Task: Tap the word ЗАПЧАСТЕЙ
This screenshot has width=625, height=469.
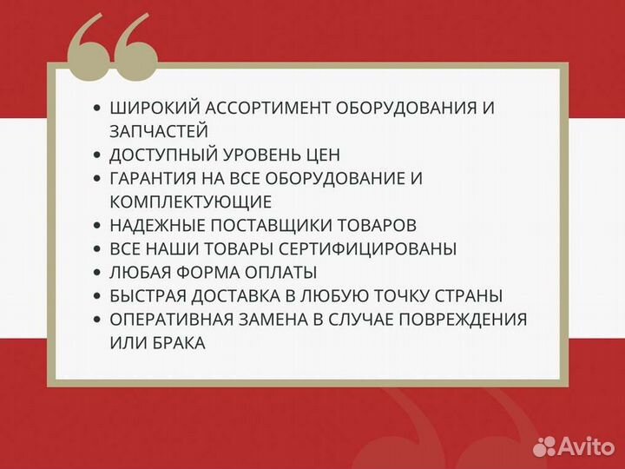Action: (x=158, y=132)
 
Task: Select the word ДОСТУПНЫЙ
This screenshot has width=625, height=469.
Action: (x=161, y=155)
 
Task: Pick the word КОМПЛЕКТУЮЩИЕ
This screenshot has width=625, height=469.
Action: (x=191, y=202)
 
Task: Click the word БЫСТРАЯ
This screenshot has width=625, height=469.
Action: (x=147, y=296)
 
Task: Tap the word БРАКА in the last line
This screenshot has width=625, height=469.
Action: (x=177, y=343)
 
